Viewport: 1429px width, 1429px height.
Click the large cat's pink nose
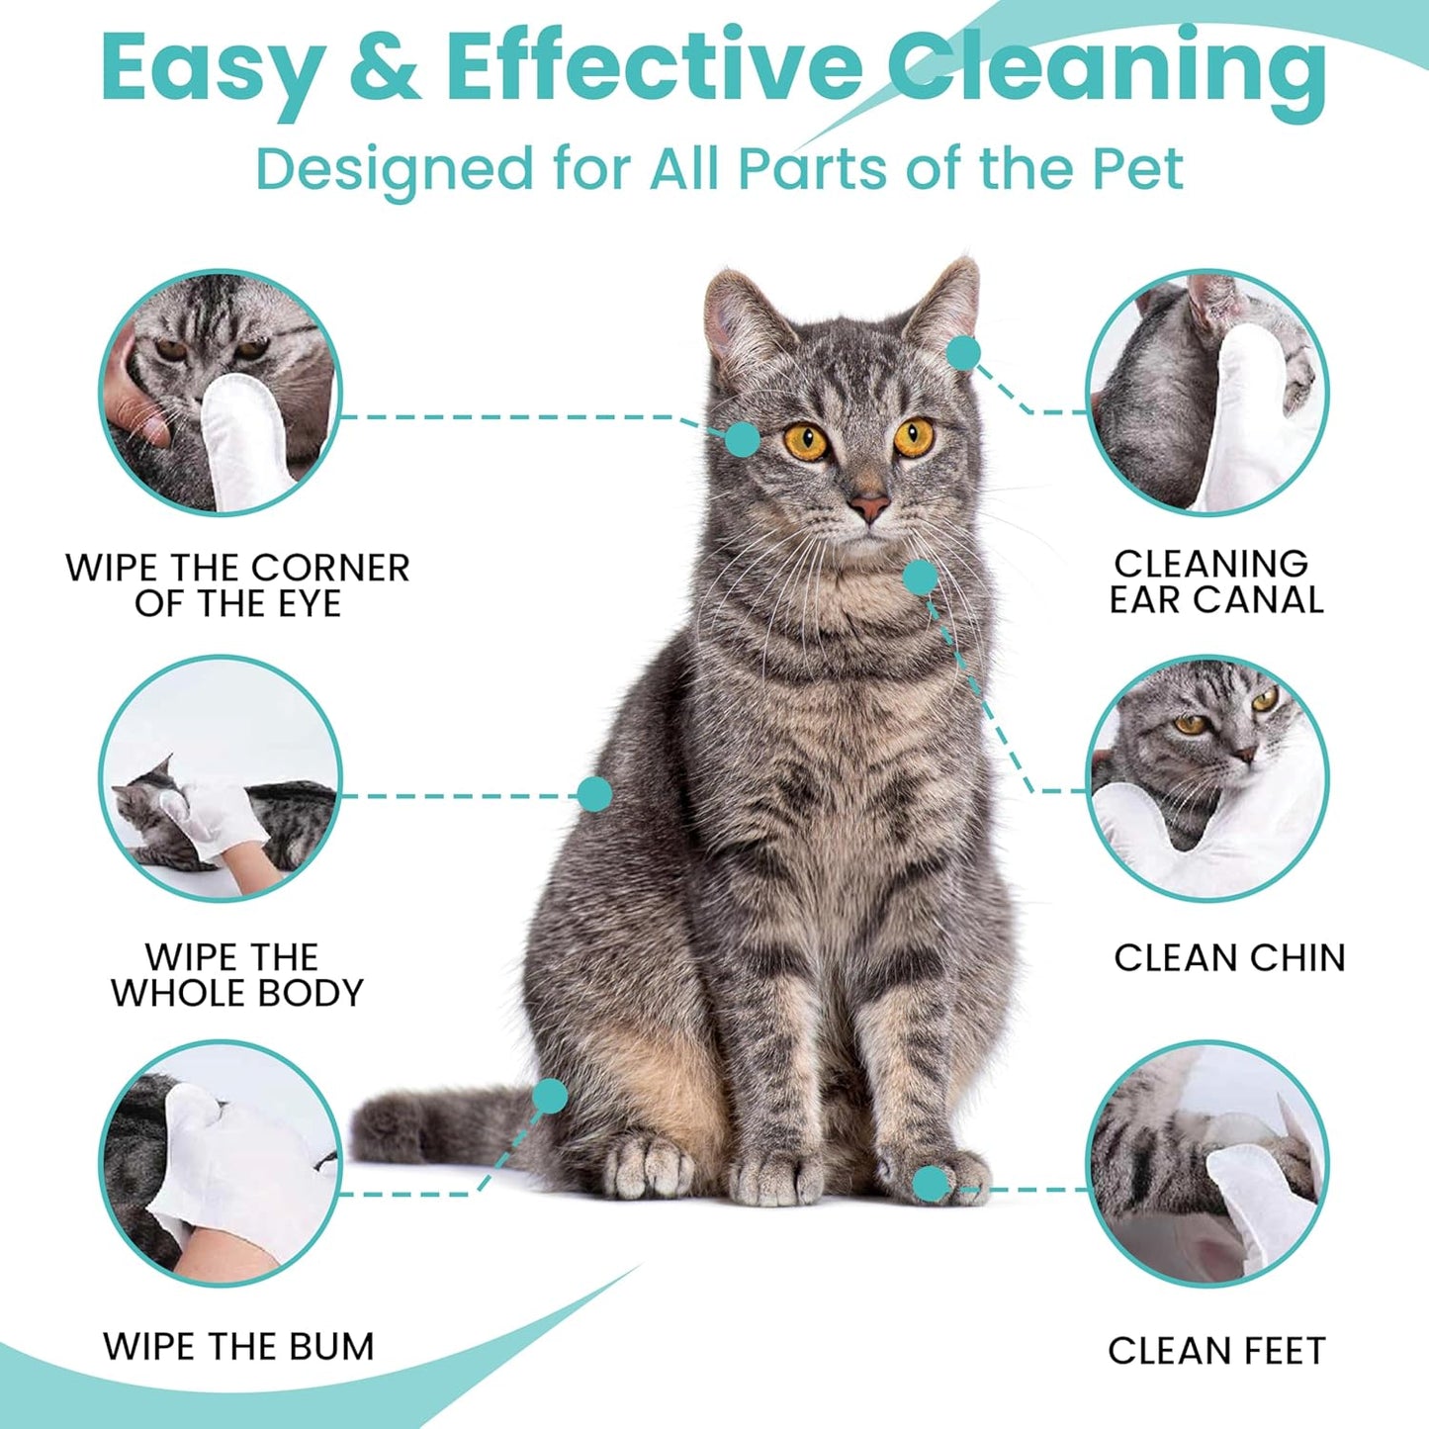pyautogui.click(x=869, y=507)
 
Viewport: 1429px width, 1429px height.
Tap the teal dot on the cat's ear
pyautogui.click(x=962, y=352)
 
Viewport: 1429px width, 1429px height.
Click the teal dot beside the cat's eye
pyautogui.click(x=742, y=438)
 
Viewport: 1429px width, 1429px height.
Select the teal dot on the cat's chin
pyautogui.click(x=920, y=577)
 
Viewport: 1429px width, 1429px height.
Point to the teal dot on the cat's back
pyautogui.click(x=594, y=793)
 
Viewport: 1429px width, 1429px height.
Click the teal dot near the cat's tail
pyautogui.click(x=550, y=1096)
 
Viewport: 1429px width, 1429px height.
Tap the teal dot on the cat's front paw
pyautogui.click(x=930, y=1184)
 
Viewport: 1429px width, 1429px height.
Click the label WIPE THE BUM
pyautogui.click(x=238, y=1347)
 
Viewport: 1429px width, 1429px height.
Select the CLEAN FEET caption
pyautogui.click(x=1216, y=1351)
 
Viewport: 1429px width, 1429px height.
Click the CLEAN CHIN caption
pyautogui.click(x=1229, y=957)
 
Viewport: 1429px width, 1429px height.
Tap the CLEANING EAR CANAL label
pyautogui.click(x=1214, y=581)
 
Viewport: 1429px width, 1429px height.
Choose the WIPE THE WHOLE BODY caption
pyautogui.click(x=236, y=975)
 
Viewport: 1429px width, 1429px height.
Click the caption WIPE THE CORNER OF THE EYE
pyautogui.click(x=237, y=585)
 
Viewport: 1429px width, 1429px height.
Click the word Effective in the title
pyautogui.click(x=653, y=69)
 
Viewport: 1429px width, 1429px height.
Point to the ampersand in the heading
pyautogui.click(x=385, y=69)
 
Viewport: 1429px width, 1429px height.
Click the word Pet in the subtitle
pyautogui.click(x=1137, y=169)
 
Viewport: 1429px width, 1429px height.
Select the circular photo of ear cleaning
pyautogui.click(x=1207, y=393)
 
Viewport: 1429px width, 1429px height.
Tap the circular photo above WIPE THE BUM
pyautogui.click(x=221, y=1162)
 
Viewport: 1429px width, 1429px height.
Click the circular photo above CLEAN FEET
pyautogui.click(x=1207, y=1164)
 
